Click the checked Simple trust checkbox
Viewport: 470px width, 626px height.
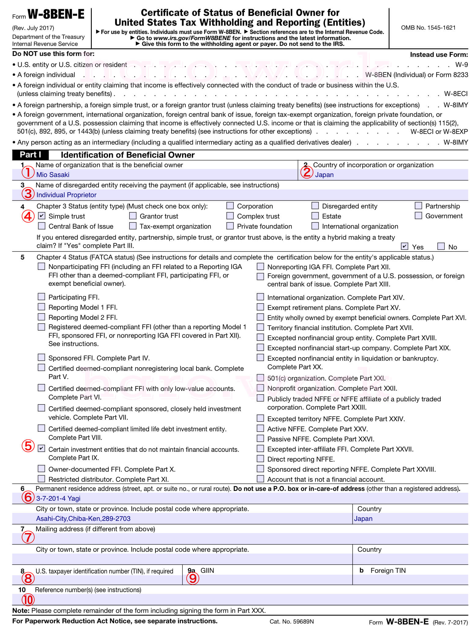coord(42,216)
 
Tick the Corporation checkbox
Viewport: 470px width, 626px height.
coord(230,206)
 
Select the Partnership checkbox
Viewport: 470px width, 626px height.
coord(418,206)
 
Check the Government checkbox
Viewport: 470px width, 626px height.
coord(418,215)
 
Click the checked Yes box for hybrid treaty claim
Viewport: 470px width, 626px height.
coord(405,246)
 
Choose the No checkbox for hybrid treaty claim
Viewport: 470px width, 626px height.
coord(441,246)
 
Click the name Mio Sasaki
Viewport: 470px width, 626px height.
coord(53,175)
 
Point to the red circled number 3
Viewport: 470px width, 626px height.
coord(28,194)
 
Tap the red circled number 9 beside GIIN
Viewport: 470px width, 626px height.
coord(193,578)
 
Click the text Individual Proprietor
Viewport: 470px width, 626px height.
coord(66,195)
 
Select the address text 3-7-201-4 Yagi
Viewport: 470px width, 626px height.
coord(58,498)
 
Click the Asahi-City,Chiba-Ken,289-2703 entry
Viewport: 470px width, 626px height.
coord(83,518)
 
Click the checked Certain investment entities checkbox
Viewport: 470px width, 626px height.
coord(42,448)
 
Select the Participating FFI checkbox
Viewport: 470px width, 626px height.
coord(42,296)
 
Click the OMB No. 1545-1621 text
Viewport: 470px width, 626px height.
coord(428,28)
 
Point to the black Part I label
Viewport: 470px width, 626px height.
coord(30,155)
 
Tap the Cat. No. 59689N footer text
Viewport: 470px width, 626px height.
coord(292,621)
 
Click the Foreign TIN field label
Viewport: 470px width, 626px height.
coord(388,570)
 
